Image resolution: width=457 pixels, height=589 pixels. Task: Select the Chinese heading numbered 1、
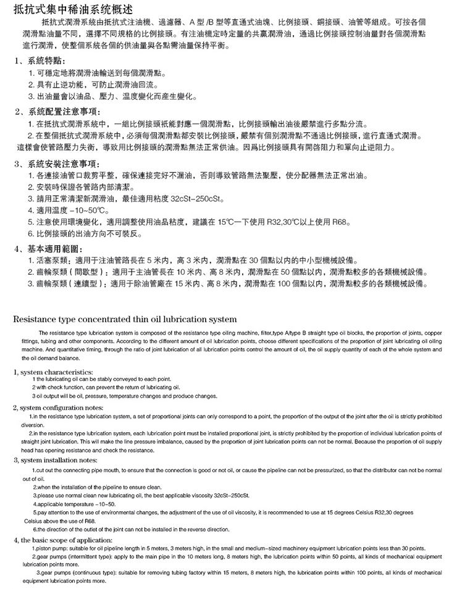[42, 62]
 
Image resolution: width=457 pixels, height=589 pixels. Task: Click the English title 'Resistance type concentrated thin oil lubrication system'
[124, 319]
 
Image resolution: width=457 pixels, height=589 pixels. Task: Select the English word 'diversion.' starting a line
[31, 424]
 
